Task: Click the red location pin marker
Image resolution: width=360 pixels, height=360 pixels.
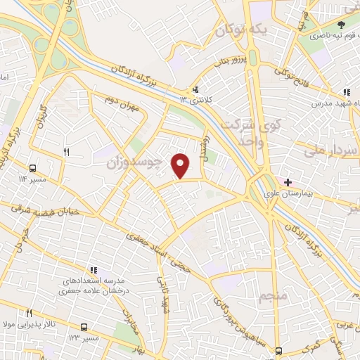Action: click(x=182, y=165)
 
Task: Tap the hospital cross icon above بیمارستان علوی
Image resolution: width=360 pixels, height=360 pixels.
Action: click(x=288, y=182)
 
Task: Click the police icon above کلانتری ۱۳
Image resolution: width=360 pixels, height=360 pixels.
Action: click(x=195, y=89)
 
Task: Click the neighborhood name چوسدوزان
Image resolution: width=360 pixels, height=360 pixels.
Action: click(x=134, y=163)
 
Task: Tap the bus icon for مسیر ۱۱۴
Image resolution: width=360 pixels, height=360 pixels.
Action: click(x=33, y=168)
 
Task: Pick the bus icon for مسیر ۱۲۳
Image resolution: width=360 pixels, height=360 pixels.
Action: click(x=84, y=327)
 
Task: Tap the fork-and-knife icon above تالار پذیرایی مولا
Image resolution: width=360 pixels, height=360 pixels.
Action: click(x=30, y=314)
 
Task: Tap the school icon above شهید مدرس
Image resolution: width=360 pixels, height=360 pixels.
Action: click(x=346, y=91)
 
